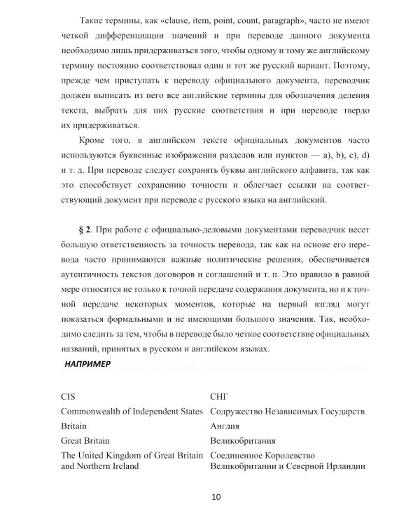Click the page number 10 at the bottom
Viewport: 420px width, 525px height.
pyautogui.click(x=216, y=498)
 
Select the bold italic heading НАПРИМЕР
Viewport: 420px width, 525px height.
pyautogui.click(x=87, y=364)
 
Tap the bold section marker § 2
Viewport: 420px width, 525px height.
pyautogui.click(x=83, y=230)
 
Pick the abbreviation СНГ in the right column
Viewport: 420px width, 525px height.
pyautogui.click(x=220, y=395)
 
